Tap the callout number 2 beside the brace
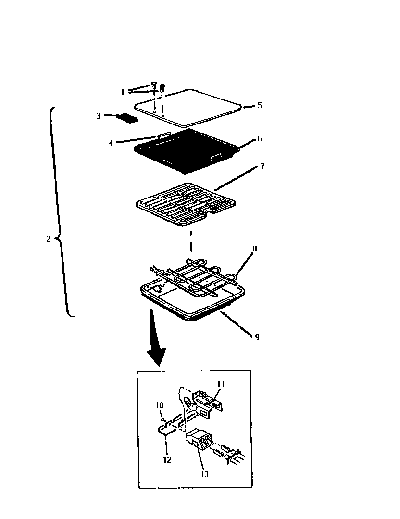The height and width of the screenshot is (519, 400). tap(48, 239)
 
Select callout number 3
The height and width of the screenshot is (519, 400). tap(98, 115)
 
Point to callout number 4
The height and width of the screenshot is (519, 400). tap(111, 142)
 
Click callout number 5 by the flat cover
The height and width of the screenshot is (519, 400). tap(259, 105)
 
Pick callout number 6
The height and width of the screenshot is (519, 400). tap(259, 138)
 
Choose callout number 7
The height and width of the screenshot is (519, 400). tap(262, 166)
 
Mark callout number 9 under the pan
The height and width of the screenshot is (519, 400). tap(257, 337)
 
